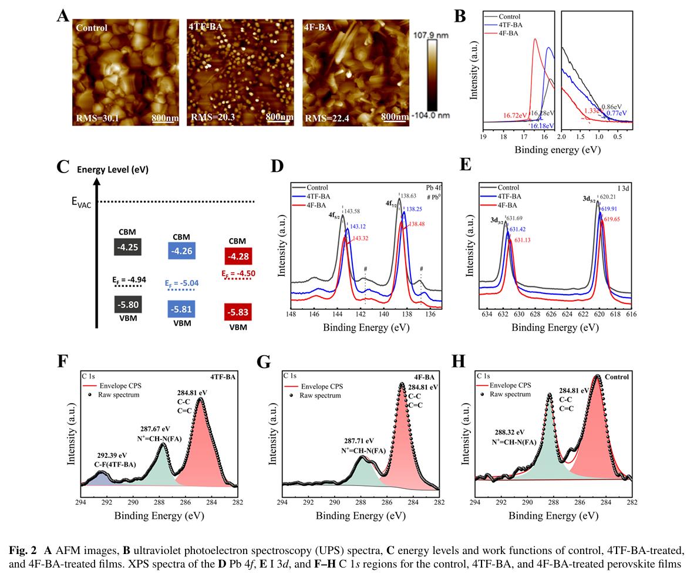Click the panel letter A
point(63,15)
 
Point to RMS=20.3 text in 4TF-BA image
point(212,117)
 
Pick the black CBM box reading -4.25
point(127,248)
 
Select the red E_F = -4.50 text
point(238,274)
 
